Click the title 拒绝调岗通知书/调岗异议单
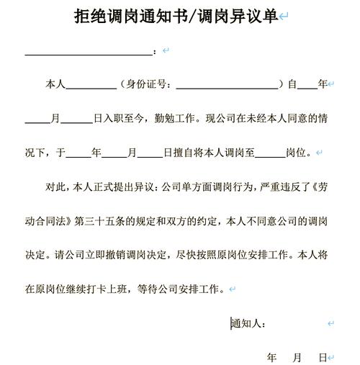tap(176, 17)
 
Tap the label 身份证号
tap(148, 85)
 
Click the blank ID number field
tap(227, 85)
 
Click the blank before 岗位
tap(270, 153)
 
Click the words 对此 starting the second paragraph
tap(55, 187)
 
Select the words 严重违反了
tap(278, 187)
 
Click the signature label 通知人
tap(248, 323)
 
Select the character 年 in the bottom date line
tap(272, 357)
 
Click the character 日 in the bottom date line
tap(322, 357)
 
